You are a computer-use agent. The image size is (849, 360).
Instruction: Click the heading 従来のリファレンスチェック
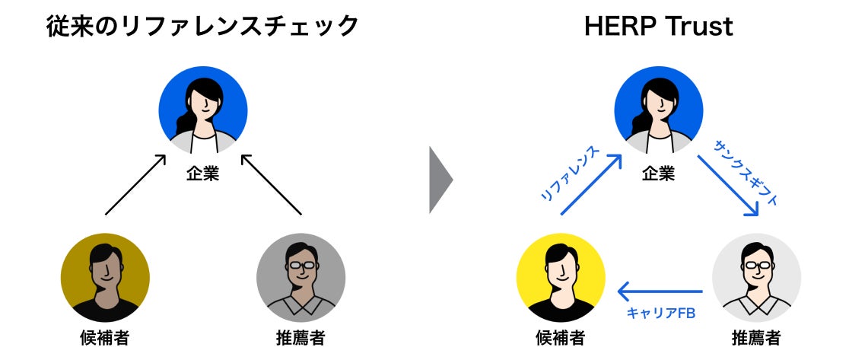pyautogui.click(x=202, y=27)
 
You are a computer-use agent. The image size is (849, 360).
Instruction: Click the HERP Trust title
pyautogui.click(x=658, y=27)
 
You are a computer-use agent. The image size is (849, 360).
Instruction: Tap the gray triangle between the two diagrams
pyautogui.click(x=440, y=180)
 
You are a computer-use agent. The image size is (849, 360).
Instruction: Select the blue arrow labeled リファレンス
pyautogui.click(x=591, y=184)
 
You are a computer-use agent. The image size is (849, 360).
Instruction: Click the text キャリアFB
pyautogui.click(x=660, y=313)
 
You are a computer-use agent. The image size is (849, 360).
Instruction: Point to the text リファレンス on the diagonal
pyautogui.click(x=568, y=174)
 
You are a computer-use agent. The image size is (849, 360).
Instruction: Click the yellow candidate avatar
pyautogui.click(x=561, y=277)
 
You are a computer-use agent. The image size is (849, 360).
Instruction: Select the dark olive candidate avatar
pyautogui.click(x=105, y=277)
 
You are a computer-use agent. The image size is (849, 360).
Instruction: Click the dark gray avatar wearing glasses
pyautogui.click(x=300, y=277)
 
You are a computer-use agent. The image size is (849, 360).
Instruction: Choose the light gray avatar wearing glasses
pyautogui.click(x=756, y=277)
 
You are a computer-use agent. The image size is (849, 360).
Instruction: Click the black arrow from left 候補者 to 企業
pyautogui.click(x=135, y=184)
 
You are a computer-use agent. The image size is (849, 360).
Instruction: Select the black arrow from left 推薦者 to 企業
pyautogui.click(x=272, y=184)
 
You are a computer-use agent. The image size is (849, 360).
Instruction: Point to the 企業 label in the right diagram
pyautogui.click(x=658, y=174)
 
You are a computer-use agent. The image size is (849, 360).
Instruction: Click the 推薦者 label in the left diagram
pyautogui.click(x=300, y=336)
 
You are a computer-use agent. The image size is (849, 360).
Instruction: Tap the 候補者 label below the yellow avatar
pyautogui.click(x=561, y=336)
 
